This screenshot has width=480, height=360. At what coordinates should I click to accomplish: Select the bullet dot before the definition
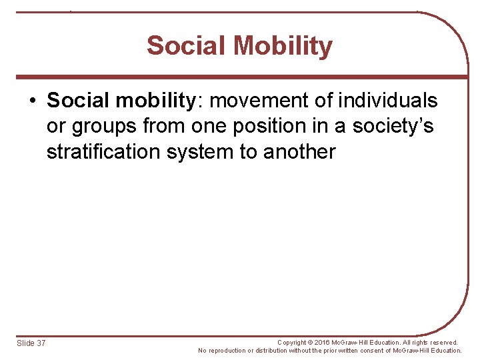click(32, 101)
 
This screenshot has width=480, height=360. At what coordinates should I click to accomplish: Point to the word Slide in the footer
click(25, 343)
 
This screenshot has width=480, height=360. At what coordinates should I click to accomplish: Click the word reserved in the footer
click(443, 342)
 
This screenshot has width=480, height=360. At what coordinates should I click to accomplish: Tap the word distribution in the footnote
click(271, 351)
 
